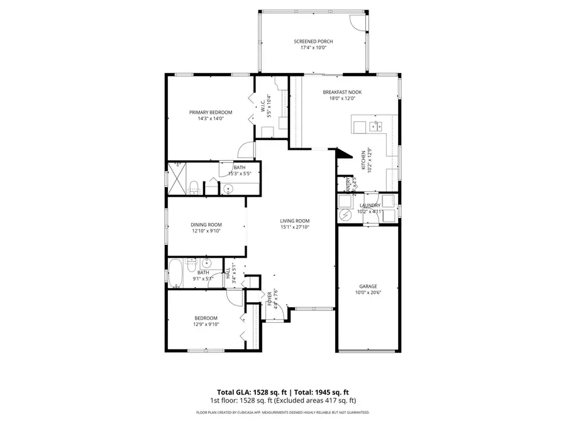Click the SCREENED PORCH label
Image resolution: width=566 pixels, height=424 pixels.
click(313, 41)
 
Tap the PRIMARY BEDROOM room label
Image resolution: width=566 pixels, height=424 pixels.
click(211, 112)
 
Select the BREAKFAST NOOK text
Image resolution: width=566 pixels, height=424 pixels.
click(342, 92)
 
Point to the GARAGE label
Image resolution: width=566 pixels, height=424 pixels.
click(368, 286)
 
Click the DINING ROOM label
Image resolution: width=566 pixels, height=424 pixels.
click(206, 224)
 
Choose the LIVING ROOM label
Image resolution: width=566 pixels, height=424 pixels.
click(295, 220)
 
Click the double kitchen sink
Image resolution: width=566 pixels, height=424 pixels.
click(377, 126)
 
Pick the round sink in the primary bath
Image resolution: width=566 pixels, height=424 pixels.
click(228, 188)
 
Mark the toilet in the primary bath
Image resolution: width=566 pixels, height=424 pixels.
click(194, 187)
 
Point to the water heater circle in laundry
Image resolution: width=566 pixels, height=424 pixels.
click(345, 215)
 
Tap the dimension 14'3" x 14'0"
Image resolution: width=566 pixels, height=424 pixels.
click(211, 119)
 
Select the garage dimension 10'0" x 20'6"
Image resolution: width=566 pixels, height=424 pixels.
click(368, 292)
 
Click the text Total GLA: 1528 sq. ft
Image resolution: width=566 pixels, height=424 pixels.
click(249, 391)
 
